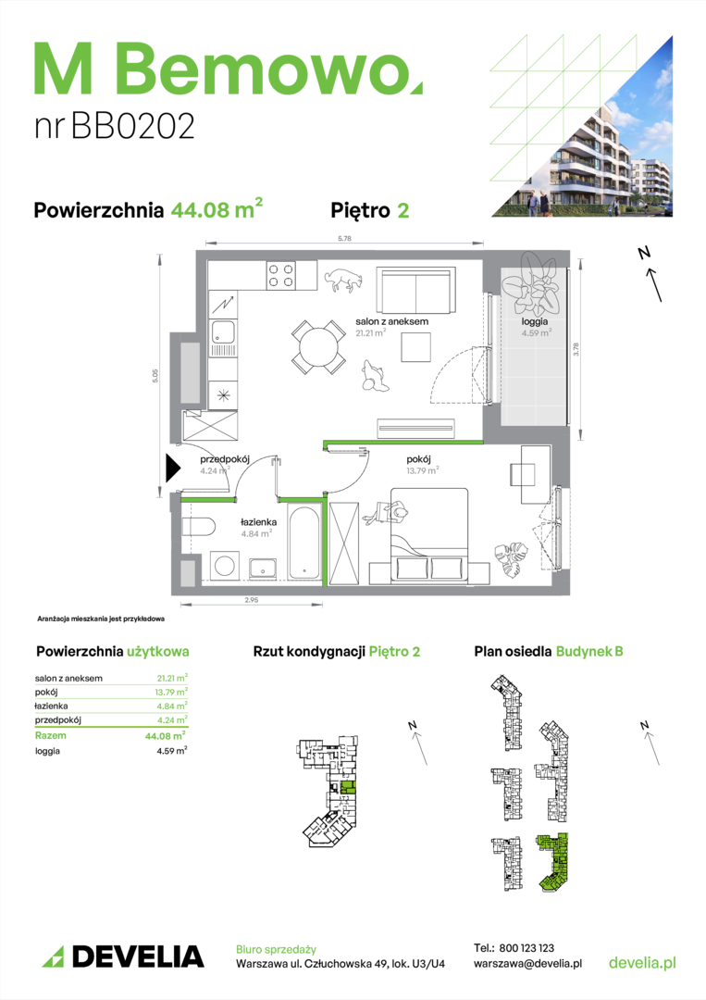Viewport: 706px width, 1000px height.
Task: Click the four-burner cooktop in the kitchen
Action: click(x=280, y=275)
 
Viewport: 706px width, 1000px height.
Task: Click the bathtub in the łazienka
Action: click(x=304, y=542)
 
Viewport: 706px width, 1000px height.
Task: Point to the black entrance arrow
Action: click(x=173, y=469)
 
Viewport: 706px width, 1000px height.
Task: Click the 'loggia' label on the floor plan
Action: click(x=535, y=321)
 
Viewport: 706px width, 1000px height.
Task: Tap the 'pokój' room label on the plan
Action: click(x=418, y=459)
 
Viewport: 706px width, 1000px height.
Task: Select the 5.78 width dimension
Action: click(x=345, y=239)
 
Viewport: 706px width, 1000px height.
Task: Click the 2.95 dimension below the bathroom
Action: click(x=252, y=600)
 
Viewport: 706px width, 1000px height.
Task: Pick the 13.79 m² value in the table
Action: click(x=171, y=692)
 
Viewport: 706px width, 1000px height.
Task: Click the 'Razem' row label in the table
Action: click(x=50, y=735)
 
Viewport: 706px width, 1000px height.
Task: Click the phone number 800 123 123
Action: click(x=526, y=948)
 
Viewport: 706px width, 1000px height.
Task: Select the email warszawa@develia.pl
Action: click(x=527, y=964)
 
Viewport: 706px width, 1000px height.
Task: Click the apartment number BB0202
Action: click(x=132, y=126)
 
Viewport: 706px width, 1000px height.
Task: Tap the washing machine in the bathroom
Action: click(x=224, y=565)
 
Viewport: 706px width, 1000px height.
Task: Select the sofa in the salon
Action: click(x=416, y=290)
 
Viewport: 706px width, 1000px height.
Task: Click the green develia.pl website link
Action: click(x=642, y=962)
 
